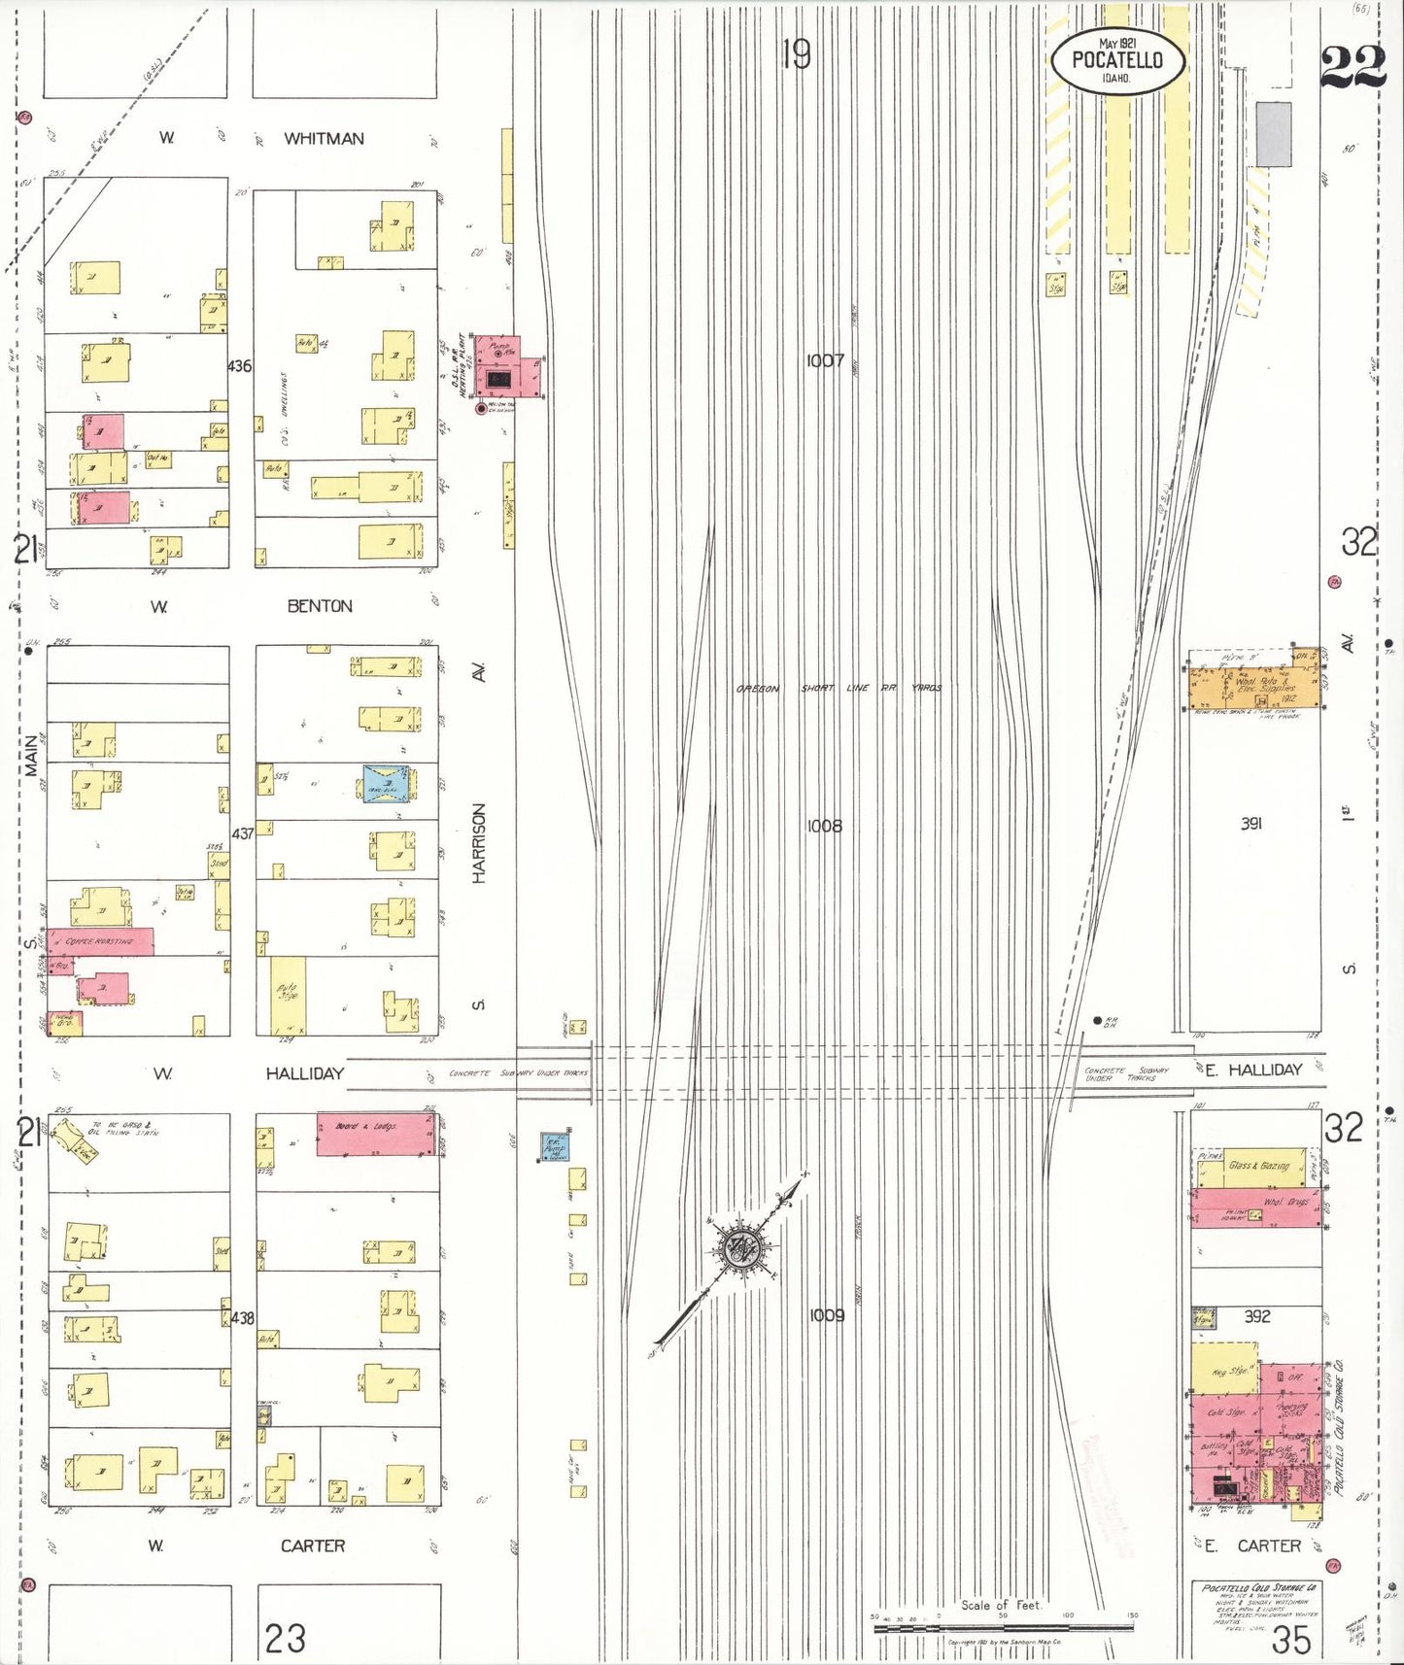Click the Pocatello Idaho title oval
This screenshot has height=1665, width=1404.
1117,60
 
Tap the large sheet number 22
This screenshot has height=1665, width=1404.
1353,68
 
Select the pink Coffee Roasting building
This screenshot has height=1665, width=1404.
101,939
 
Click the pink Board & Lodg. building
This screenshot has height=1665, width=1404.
375,1134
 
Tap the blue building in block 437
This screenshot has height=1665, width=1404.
387,782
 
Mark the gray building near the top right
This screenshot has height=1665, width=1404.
1274,133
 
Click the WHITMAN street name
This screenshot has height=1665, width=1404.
324,139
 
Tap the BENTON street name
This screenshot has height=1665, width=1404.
320,606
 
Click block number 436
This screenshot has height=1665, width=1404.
239,366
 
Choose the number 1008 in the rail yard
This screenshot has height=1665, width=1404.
824,827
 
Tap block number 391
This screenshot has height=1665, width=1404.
1250,824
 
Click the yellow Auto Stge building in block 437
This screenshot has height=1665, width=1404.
288,995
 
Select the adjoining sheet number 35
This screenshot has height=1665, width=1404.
1291,1640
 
